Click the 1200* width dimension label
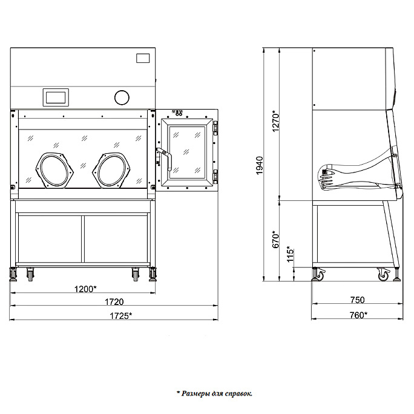click(85, 289)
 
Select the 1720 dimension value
click(114, 302)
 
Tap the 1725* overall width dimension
click(120, 315)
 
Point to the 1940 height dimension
click(260, 165)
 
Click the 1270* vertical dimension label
click(275, 121)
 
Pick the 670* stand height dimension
click(275, 239)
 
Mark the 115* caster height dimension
click(290, 254)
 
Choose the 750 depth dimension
click(357, 300)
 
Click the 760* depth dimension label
click(358, 315)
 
